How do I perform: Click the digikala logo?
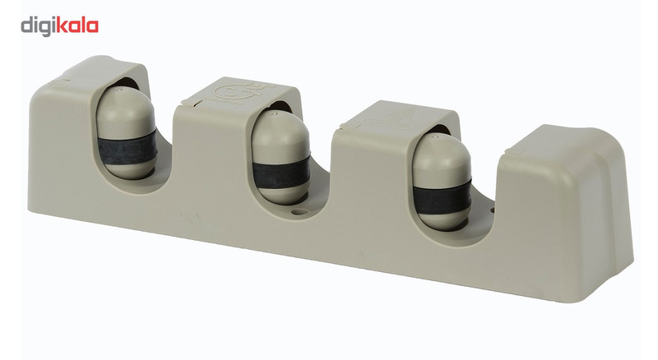pos(59,26)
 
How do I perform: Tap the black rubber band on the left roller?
pos(127,149)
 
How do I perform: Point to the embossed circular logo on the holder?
pos(225,91)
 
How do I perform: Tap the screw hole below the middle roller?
pos(299,211)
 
